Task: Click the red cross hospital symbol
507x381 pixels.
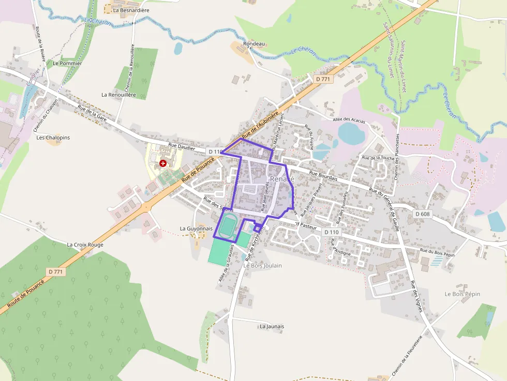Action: point(163,163)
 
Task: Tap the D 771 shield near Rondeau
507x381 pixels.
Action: point(323,79)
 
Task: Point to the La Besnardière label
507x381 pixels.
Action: point(131,10)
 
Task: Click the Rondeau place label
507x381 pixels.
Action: point(254,44)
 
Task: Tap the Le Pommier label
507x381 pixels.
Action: point(68,63)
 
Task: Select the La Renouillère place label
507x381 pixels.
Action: point(118,95)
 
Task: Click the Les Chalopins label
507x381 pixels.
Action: point(53,138)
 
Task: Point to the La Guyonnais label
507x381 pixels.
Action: point(196,228)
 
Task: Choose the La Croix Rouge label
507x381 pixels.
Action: point(85,245)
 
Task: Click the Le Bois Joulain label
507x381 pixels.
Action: point(263,265)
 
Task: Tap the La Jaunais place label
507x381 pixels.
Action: point(272,326)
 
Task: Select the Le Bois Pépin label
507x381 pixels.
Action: point(462,294)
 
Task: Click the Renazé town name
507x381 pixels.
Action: point(282,179)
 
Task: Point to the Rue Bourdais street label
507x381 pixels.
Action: point(323,176)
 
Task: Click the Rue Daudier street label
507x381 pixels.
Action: point(182,147)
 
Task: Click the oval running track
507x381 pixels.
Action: point(227,227)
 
